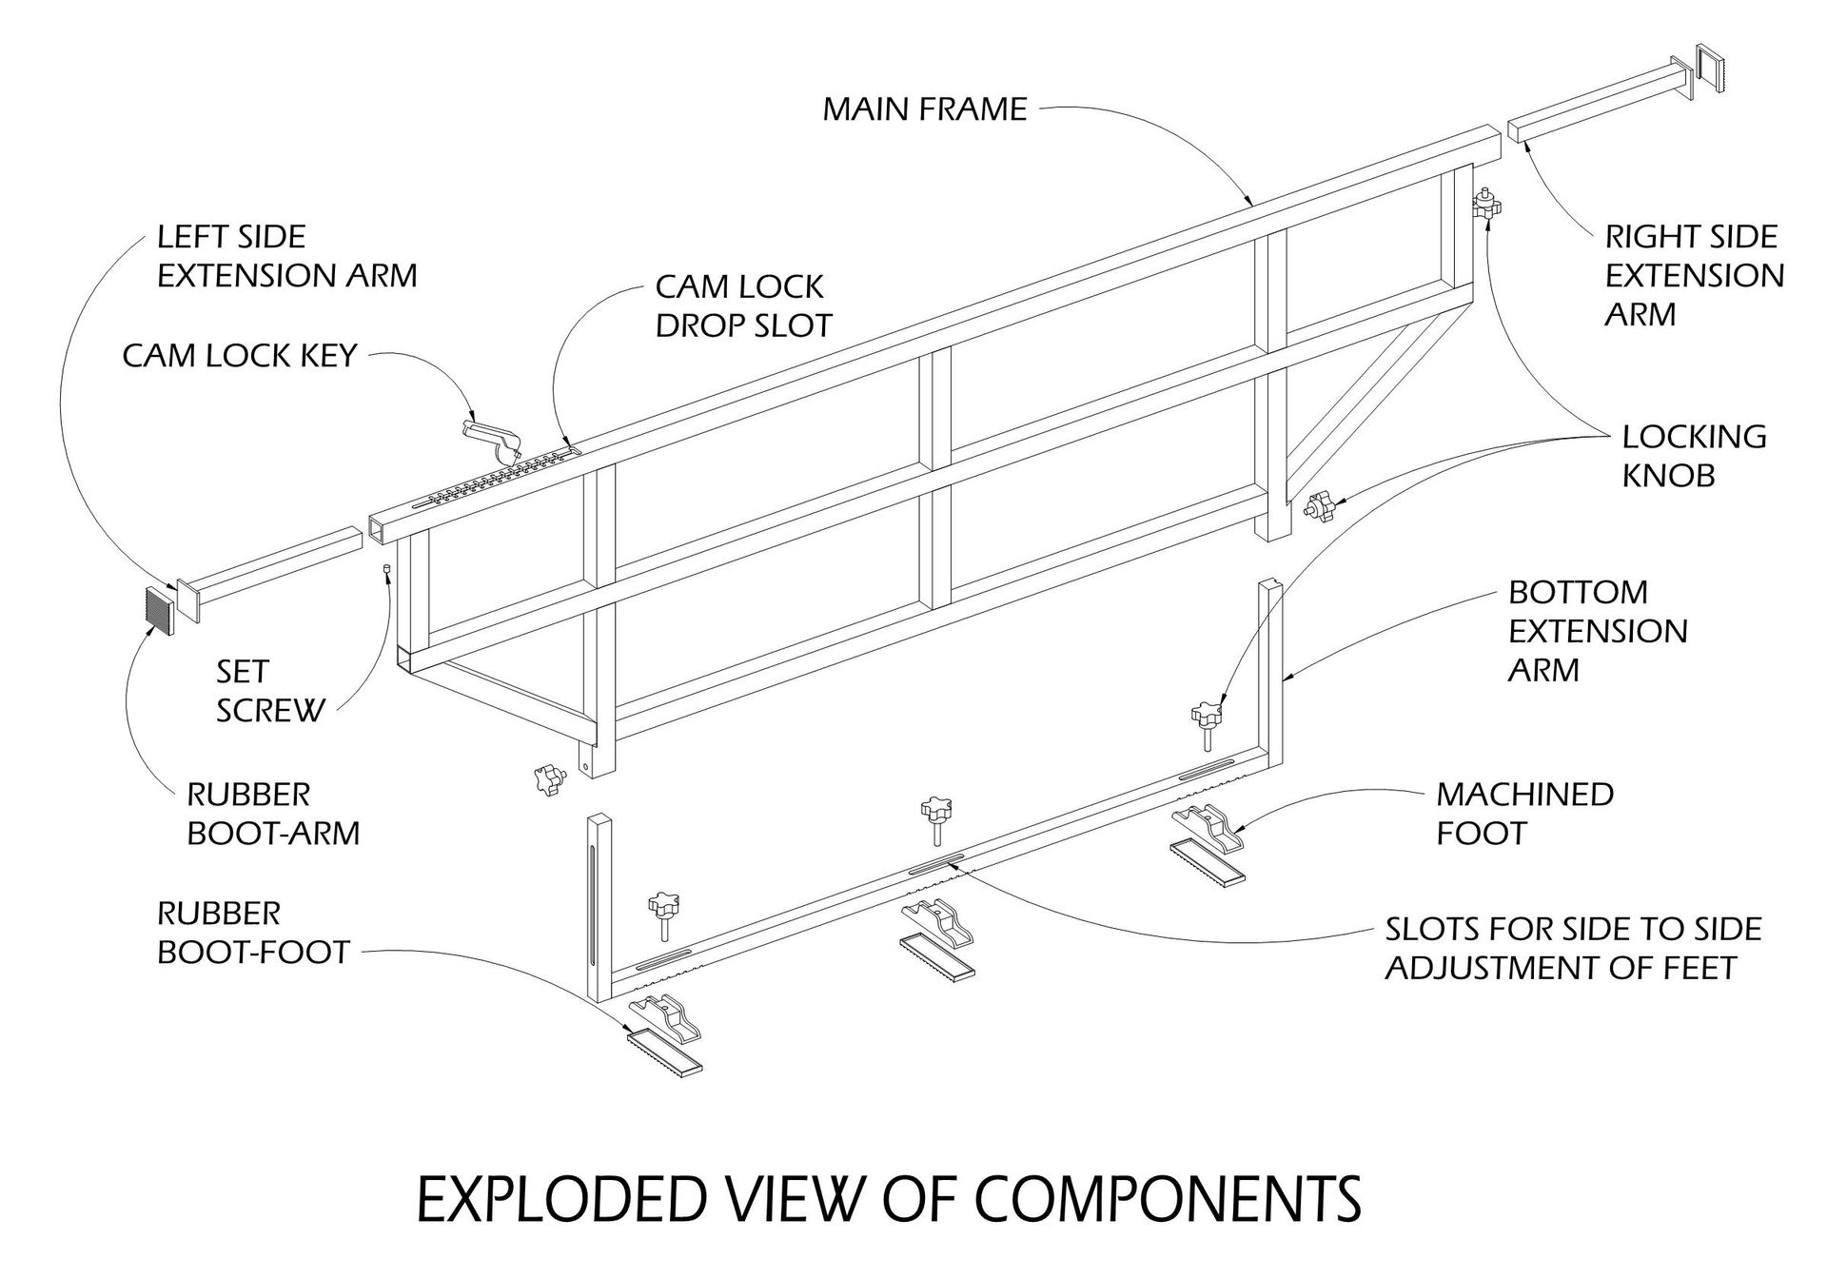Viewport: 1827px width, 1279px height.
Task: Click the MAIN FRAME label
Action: [x=924, y=108]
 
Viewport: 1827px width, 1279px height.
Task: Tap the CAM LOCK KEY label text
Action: [x=240, y=356]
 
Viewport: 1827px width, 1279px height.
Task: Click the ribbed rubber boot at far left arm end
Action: [x=159, y=611]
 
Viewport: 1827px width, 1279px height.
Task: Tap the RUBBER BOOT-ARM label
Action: [x=272, y=814]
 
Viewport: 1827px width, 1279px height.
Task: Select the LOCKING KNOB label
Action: [x=1693, y=456]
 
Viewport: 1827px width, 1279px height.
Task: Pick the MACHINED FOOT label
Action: [x=1523, y=814]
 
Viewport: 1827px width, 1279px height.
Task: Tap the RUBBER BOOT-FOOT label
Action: [x=253, y=933]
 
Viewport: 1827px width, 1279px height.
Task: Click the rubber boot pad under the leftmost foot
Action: [x=663, y=1051]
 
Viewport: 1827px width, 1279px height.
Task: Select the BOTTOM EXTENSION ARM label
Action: [x=1597, y=631]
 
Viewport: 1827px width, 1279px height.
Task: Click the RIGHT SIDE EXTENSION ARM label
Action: [x=1693, y=275]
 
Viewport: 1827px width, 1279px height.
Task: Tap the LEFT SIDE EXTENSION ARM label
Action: [x=286, y=256]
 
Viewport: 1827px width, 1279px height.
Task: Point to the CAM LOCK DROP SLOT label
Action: [x=743, y=305]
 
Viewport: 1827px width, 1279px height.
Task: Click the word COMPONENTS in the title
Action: [x=1169, y=1201]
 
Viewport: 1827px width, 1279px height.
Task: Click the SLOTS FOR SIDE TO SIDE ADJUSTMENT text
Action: [x=1572, y=948]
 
